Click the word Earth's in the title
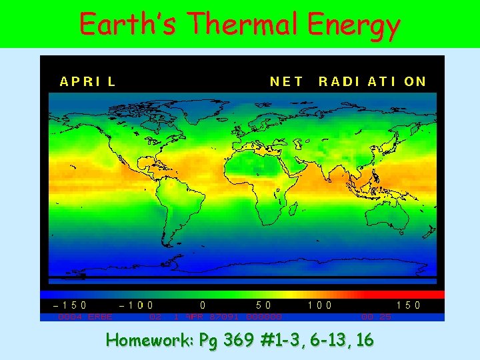click(129, 25)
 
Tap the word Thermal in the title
click(243, 25)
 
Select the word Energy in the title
click(354, 26)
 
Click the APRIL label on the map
click(88, 82)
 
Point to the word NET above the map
click(287, 82)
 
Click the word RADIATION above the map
click(372, 82)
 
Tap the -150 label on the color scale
click(70, 305)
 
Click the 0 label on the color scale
click(203, 305)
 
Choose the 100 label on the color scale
click(321, 305)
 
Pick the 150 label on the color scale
click(408, 305)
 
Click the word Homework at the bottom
click(150, 341)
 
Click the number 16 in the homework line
click(365, 341)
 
